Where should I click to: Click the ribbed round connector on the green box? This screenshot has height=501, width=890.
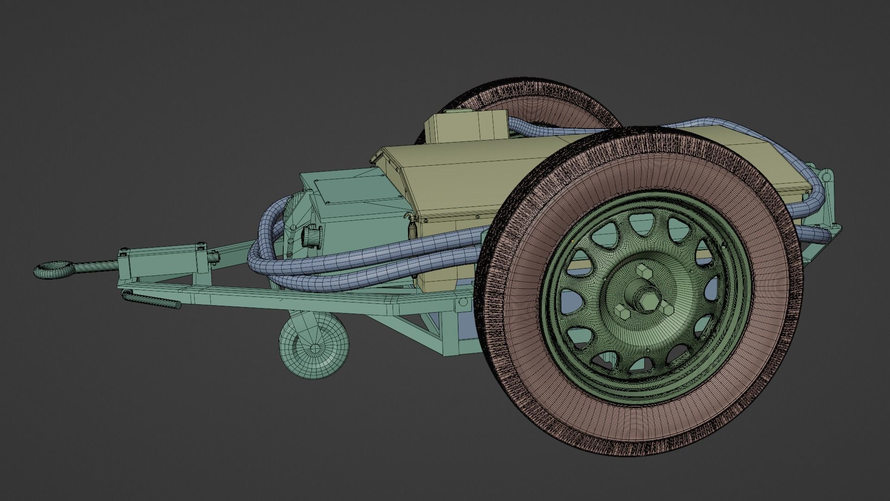click(309, 236)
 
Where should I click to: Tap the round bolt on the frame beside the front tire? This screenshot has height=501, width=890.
click(462, 302)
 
